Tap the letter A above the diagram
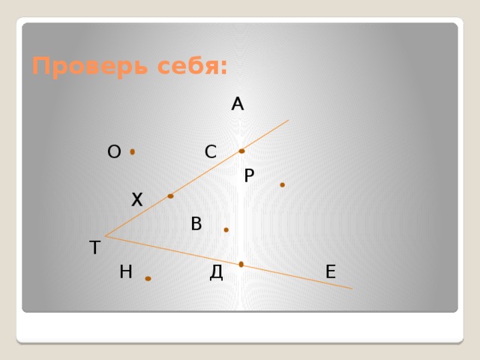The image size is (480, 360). (238, 104)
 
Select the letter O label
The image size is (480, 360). (114, 152)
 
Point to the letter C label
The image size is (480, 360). (211, 152)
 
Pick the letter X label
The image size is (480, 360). (136, 199)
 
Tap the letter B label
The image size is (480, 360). (196, 223)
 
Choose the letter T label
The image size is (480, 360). (94, 247)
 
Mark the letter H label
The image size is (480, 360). (126, 271)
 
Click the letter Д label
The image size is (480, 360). (217, 271)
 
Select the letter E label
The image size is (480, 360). (331, 271)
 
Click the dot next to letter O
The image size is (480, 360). (133, 152)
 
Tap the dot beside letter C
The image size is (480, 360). (241, 151)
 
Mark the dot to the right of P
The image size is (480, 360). (282, 184)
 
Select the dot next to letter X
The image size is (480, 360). (171, 196)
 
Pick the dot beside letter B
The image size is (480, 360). (226, 229)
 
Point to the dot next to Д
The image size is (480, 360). (241, 264)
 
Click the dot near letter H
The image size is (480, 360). (148, 279)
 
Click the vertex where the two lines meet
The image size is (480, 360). (106, 236)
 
